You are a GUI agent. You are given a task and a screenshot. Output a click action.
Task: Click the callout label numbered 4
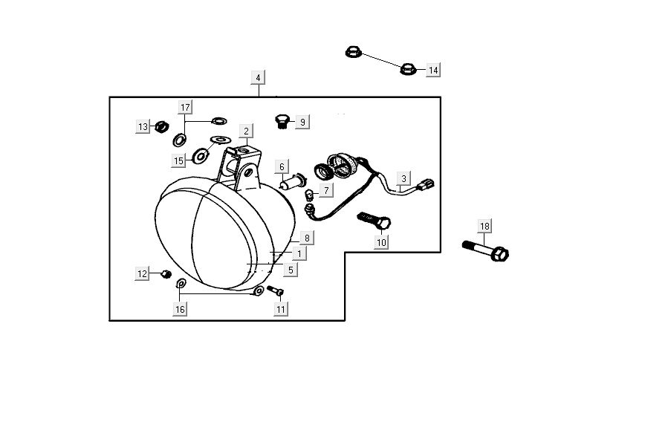point(258,78)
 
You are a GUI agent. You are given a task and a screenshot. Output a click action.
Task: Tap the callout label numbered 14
point(433,70)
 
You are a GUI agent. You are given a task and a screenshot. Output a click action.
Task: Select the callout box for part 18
point(484,226)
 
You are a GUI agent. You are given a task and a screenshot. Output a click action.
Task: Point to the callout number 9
point(302,121)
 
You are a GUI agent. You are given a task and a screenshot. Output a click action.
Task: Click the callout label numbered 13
point(143,127)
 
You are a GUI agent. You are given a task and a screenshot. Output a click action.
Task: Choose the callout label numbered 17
point(185,106)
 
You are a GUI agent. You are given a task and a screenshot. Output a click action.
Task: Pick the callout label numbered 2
point(246,131)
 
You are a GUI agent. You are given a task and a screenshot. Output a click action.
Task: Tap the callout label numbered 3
point(403,178)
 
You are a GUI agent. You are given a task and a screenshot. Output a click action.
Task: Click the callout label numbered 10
point(381,242)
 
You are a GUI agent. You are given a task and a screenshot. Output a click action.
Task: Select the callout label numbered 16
point(180,308)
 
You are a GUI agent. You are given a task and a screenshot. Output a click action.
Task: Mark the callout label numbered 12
point(142,274)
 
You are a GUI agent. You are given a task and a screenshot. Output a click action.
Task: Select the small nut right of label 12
point(166,274)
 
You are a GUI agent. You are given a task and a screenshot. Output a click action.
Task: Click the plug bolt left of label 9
point(282,120)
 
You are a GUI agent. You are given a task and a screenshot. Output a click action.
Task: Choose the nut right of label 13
point(159,126)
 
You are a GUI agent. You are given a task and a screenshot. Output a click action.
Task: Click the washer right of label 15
point(200,157)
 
